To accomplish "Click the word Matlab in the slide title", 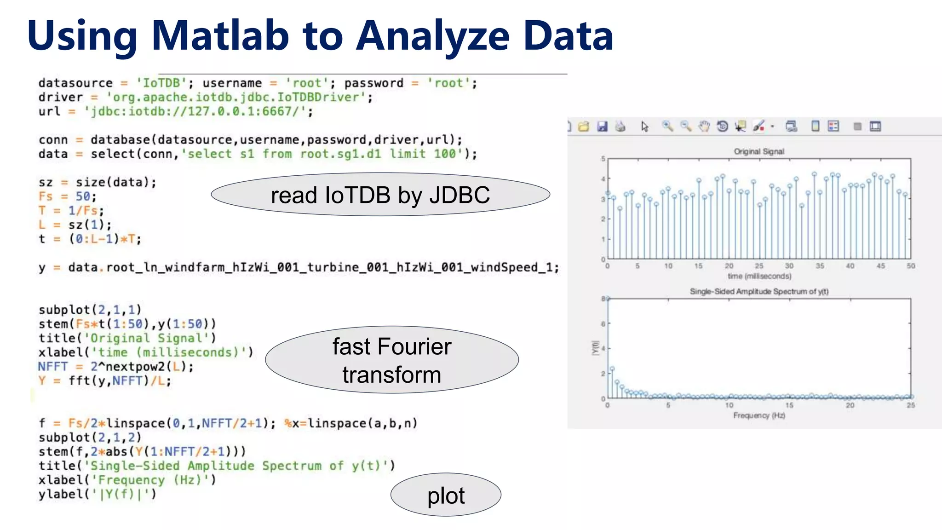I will click(220, 36).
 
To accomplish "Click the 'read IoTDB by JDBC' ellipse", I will click(380, 195).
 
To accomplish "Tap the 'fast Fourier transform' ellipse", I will click(392, 360).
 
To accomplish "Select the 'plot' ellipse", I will click(446, 495).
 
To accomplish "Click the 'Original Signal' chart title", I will click(759, 151).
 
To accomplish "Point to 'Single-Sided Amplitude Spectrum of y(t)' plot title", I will click(759, 291).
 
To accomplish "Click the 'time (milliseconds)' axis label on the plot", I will click(759, 276).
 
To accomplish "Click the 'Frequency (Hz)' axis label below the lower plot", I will click(759, 415).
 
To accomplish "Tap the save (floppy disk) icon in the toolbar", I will click(602, 126).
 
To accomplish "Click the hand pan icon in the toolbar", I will click(704, 126).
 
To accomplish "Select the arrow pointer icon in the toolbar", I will click(644, 126).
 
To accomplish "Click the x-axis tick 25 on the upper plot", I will click(759, 266).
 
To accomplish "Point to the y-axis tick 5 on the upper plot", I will click(603, 159).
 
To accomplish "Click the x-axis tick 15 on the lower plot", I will click(789, 405).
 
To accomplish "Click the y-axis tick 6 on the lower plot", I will click(603, 324).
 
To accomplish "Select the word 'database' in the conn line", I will click(120, 140).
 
